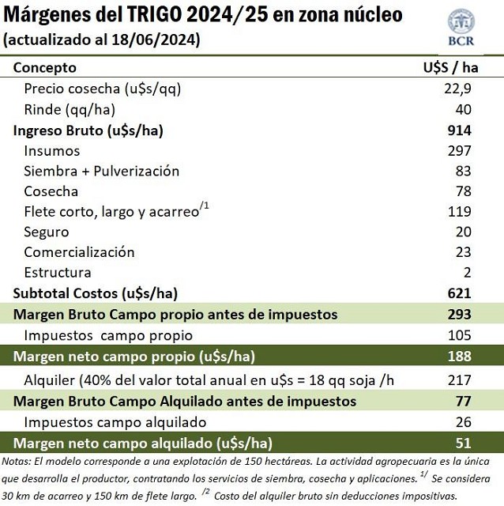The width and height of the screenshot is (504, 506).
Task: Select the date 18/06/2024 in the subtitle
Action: pyautogui.click(x=157, y=39)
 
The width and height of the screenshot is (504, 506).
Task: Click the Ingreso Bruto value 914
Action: pyautogui.click(x=459, y=130)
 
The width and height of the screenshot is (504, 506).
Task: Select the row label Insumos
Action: pyautogui.click(x=51, y=150)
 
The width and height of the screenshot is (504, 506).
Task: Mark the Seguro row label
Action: pyautogui.click(x=46, y=232)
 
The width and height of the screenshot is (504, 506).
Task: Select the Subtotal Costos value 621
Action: pyautogui.click(x=459, y=293)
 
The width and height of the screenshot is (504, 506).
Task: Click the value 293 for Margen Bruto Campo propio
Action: pyautogui.click(x=459, y=314)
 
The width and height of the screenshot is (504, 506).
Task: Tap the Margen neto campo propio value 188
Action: pyautogui.click(x=459, y=356)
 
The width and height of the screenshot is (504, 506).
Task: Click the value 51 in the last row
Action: pyautogui.click(x=463, y=443)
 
